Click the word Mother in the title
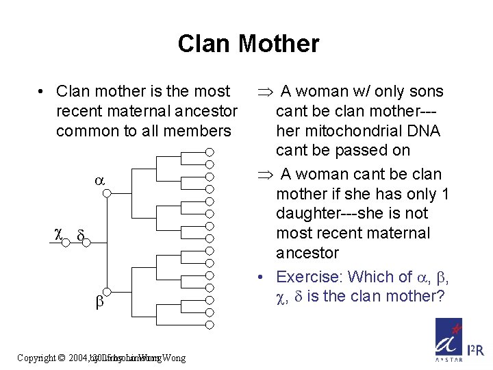tap(279, 44)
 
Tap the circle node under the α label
tap(107, 195)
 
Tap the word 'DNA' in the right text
tap(424, 131)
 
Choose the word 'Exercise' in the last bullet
tap(307, 277)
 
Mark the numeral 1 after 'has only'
tap(445, 194)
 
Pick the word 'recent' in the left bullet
tap(78, 111)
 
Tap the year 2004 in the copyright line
tap(78, 358)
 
